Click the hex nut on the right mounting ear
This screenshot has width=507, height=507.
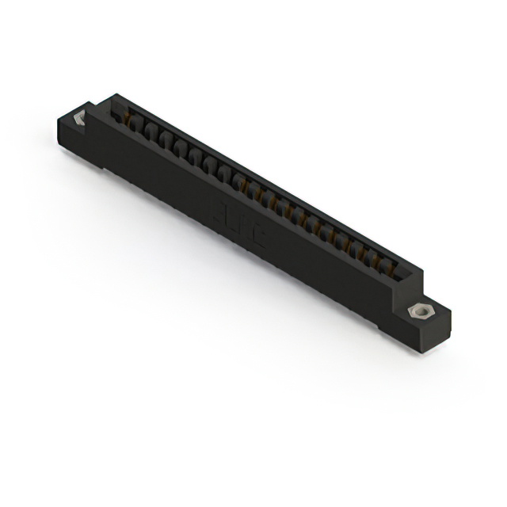click(418, 311)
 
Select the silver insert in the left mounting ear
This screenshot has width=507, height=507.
click(79, 119)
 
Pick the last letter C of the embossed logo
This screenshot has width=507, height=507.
click(257, 236)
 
